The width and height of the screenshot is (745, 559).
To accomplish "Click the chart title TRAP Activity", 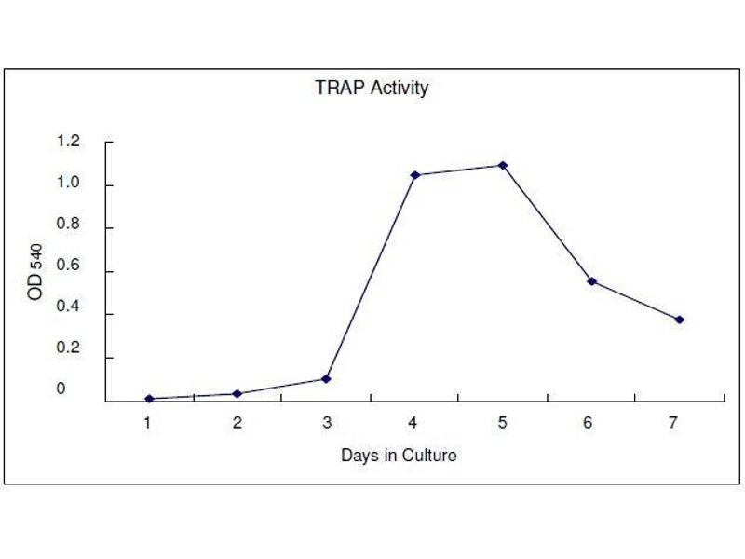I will tap(372, 89).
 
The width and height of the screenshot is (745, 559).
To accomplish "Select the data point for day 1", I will tap(149, 399).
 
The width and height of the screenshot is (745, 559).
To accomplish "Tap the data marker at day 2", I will tap(237, 393).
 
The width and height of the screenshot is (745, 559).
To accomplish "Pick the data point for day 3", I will tap(326, 378).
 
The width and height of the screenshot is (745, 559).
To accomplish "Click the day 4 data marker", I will tap(414, 175).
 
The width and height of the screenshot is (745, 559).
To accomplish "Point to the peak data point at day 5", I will tap(503, 165).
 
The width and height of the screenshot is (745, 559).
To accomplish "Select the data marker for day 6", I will tap(591, 281).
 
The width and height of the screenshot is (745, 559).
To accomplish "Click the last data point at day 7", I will tap(680, 320).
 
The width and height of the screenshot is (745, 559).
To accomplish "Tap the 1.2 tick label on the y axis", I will tap(68, 142).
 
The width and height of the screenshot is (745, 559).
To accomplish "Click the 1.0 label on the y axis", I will tap(68, 184).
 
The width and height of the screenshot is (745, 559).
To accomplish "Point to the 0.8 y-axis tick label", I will tap(68, 227).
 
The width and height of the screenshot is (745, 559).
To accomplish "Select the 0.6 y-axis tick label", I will tap(68, 271).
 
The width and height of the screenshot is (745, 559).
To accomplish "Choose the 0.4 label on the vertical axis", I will tap(68, 314).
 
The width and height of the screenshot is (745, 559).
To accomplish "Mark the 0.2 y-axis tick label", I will tap(68, 357).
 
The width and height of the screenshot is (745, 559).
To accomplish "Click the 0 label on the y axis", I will tap(61, 389).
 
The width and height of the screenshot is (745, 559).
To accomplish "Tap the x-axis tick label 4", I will tap(413, 423).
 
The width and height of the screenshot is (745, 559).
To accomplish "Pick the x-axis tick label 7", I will tap(672, 423).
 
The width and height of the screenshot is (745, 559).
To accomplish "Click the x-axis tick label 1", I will tap(147, 423).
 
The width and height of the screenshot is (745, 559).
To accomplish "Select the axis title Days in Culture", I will tap(399, 456).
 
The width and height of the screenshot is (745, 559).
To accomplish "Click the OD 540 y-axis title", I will tap(35, 272).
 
